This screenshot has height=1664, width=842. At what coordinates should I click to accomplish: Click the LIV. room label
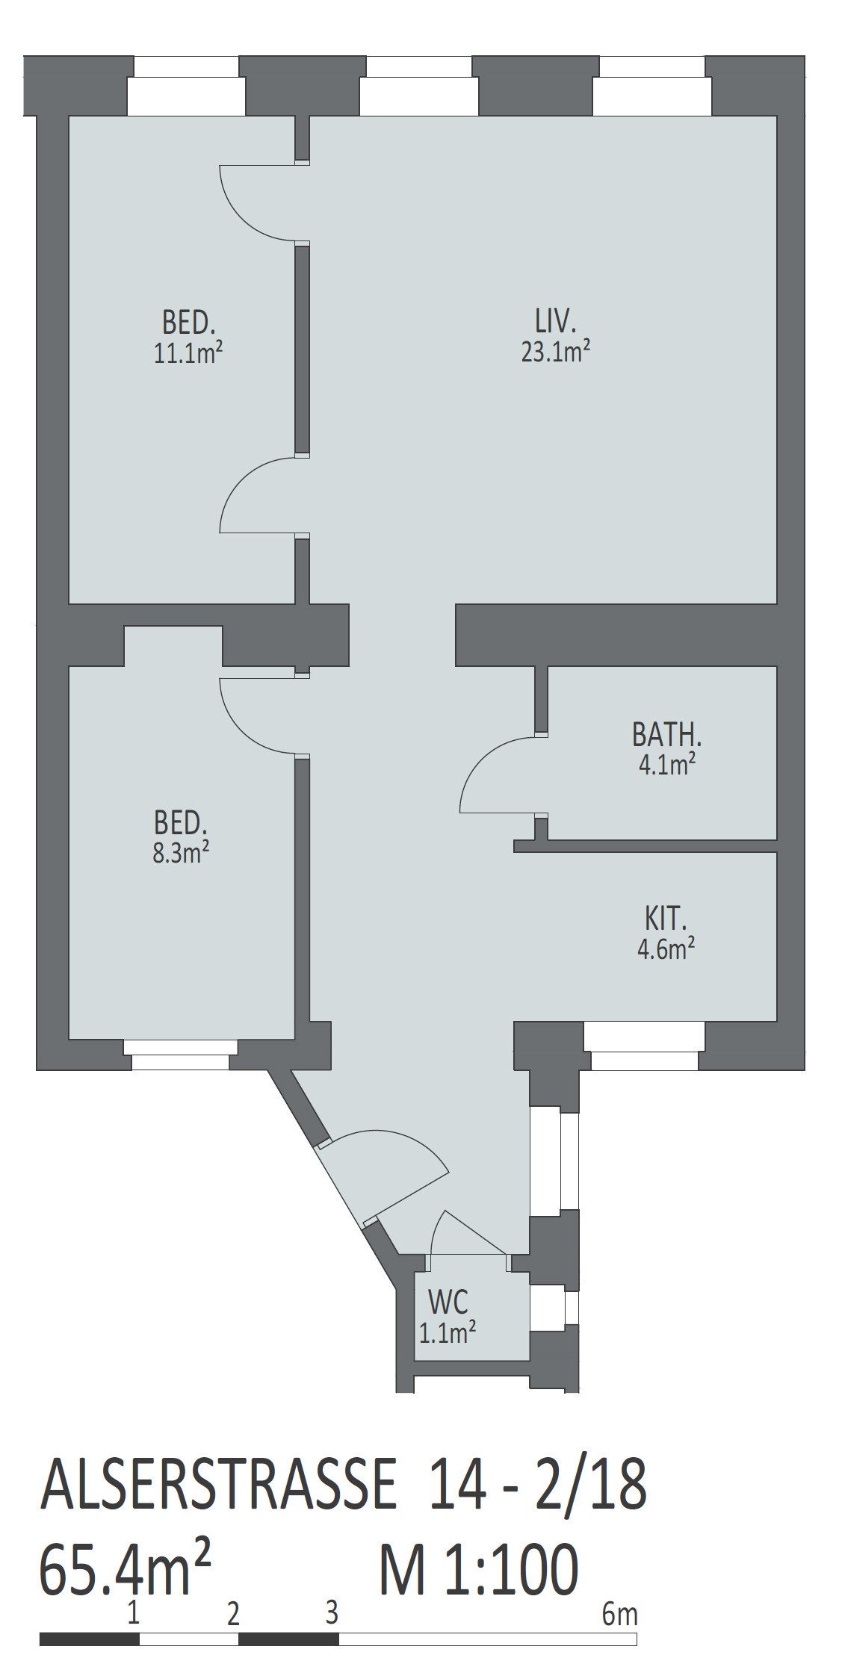pos(555,322)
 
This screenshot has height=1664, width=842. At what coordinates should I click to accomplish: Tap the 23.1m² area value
pos(556,350)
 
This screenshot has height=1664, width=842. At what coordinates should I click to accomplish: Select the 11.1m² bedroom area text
pos(188,353)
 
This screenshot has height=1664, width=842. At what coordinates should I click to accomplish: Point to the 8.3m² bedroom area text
pos(180,852)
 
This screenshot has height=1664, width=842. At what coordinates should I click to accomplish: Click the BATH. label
pos(666,735)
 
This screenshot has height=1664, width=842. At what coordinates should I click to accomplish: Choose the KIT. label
pos(665,919)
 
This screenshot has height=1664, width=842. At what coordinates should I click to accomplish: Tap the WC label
pos(448,1302)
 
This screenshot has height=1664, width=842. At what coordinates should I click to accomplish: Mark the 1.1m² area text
pos(448,1332)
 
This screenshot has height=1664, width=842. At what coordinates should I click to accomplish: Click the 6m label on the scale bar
pos(619,1615)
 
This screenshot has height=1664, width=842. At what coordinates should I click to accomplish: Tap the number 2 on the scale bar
pos(233,1615)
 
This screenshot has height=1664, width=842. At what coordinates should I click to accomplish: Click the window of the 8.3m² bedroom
pos(180,1054)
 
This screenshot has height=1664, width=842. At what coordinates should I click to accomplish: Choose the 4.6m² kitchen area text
pos(666,949)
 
